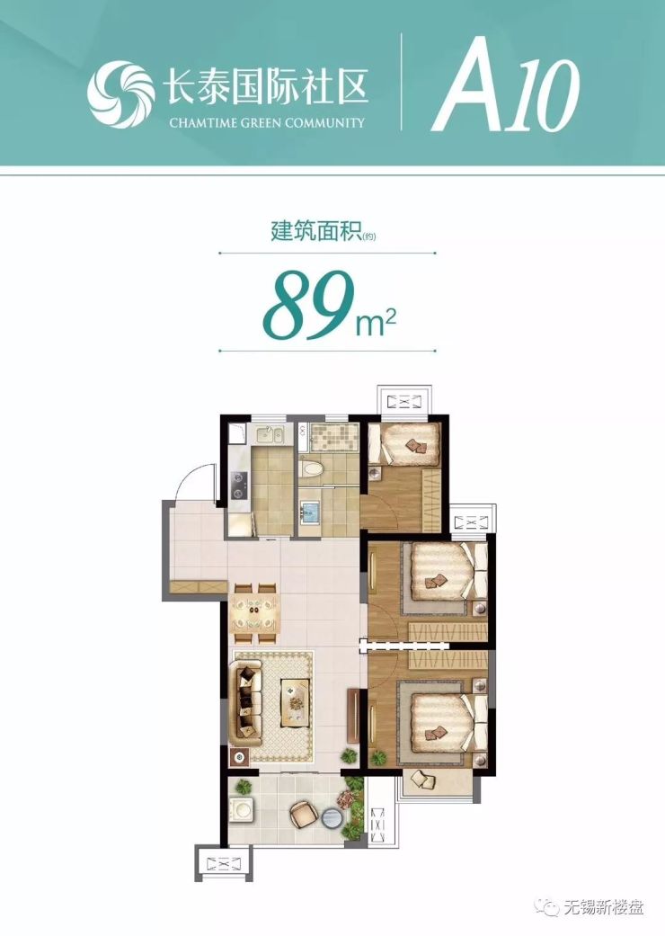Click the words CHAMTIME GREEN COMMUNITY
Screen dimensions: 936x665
click(x=267, y=123)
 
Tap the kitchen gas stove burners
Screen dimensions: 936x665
click(x=239, y=485)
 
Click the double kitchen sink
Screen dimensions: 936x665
click(x=269, y=436)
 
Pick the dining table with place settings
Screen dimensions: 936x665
click(x=255, y=613)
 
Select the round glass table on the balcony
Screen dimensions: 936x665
click(x=330, y=819)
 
